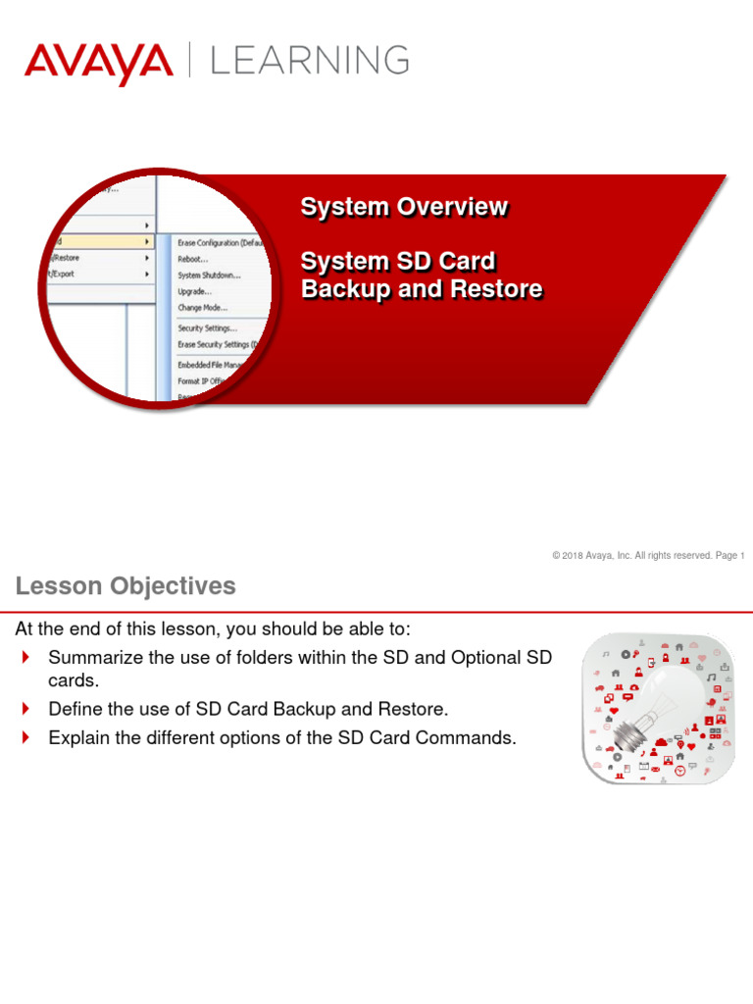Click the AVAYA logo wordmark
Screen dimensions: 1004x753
[98, 63]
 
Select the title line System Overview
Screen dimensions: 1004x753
[404, 207]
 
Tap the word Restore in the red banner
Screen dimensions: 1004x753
[496, 289]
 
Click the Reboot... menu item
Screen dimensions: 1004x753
[193, 259]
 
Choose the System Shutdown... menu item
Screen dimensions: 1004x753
[209, 276]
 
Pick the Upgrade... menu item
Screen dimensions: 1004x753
[194, 291]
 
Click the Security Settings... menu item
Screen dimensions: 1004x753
[207, 328]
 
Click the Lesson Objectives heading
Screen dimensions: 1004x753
[125, 586]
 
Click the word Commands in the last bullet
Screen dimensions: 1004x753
[467, 738]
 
